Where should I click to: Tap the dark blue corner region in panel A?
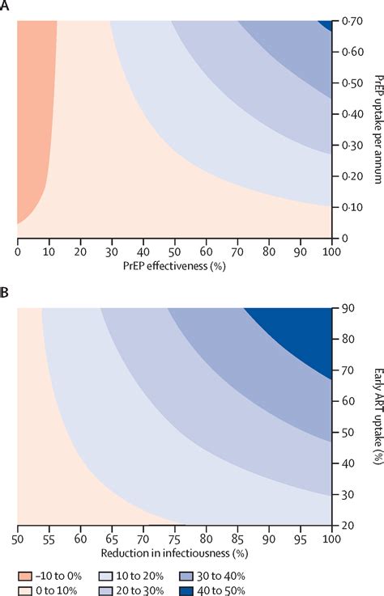tap(328, 24)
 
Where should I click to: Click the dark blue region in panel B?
tap(304, 328)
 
